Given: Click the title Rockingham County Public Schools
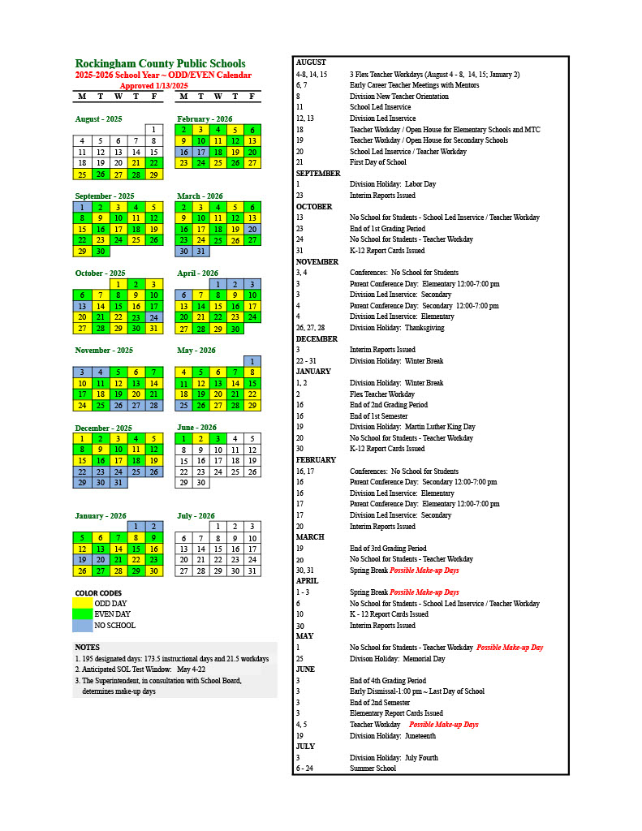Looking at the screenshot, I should (x=160, y=63).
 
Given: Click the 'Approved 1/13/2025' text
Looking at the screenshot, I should (x=153, y=85).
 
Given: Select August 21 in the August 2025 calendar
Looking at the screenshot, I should (x=136, y=163).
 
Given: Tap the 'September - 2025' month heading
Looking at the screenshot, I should (x=105, y=196).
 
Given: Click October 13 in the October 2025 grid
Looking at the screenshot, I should (x=82, y=306).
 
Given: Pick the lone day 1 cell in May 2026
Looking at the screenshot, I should (x=252, y=361).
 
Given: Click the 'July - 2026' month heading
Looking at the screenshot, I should (x=196, y=515).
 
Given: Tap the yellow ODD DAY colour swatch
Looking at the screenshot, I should (x=82, y=603).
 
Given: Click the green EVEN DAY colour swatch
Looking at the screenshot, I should (x=82, y=614).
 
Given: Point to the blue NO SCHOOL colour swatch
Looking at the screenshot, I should (x=82, y=626).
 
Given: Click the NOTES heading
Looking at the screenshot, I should (x=87, y=647).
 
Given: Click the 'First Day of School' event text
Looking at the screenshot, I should (x=377, y=162).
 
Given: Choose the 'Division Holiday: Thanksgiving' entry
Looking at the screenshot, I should (x=397, y=328).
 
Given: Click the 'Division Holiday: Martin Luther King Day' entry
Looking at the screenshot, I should (x=412, y=427).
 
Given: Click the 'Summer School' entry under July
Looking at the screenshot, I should (x=373, y=769).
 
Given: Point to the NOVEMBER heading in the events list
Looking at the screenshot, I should (x=317, y=261).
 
